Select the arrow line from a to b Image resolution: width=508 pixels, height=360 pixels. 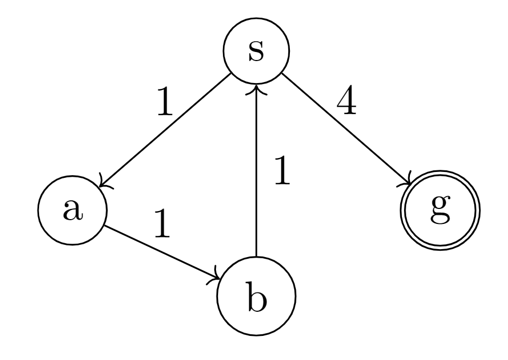tap(161, 252)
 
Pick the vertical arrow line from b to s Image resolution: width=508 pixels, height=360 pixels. tap(256, 177)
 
